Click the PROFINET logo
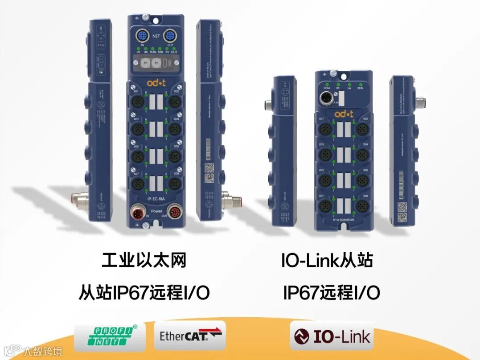(110, 337)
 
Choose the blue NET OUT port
(169, 36)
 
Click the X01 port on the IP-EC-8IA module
(136, 101)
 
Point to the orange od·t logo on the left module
(155, 82)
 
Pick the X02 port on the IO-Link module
(361, 129)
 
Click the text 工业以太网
(143, 261)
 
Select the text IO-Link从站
(327, 261)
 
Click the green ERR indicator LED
(160, 48)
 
